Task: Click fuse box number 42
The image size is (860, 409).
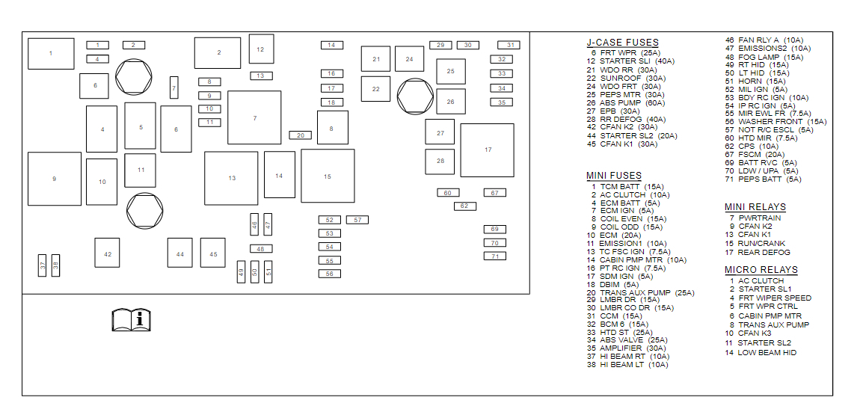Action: (107, 253)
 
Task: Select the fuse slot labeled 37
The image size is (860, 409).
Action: (43, 265)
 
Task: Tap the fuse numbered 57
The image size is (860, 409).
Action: (357, 220)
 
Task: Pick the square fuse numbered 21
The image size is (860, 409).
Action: (375, 59)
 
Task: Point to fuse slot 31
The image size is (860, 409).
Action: (509, 45)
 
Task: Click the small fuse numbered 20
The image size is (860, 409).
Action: (300, 135)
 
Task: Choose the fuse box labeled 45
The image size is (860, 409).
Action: (213, 253)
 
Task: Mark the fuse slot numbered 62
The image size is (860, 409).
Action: (464, 206)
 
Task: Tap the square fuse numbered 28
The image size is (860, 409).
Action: (440, 161)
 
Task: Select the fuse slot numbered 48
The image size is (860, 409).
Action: (260, 249)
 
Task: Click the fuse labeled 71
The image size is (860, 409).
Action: (494, 256)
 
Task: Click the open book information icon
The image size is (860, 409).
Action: (131, 319)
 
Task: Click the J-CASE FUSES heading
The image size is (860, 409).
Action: (622, 43)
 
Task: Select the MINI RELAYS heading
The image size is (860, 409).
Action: (755, 207)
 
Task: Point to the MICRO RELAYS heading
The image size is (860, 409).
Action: (761, 270)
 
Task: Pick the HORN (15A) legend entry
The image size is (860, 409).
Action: (755, 81)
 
